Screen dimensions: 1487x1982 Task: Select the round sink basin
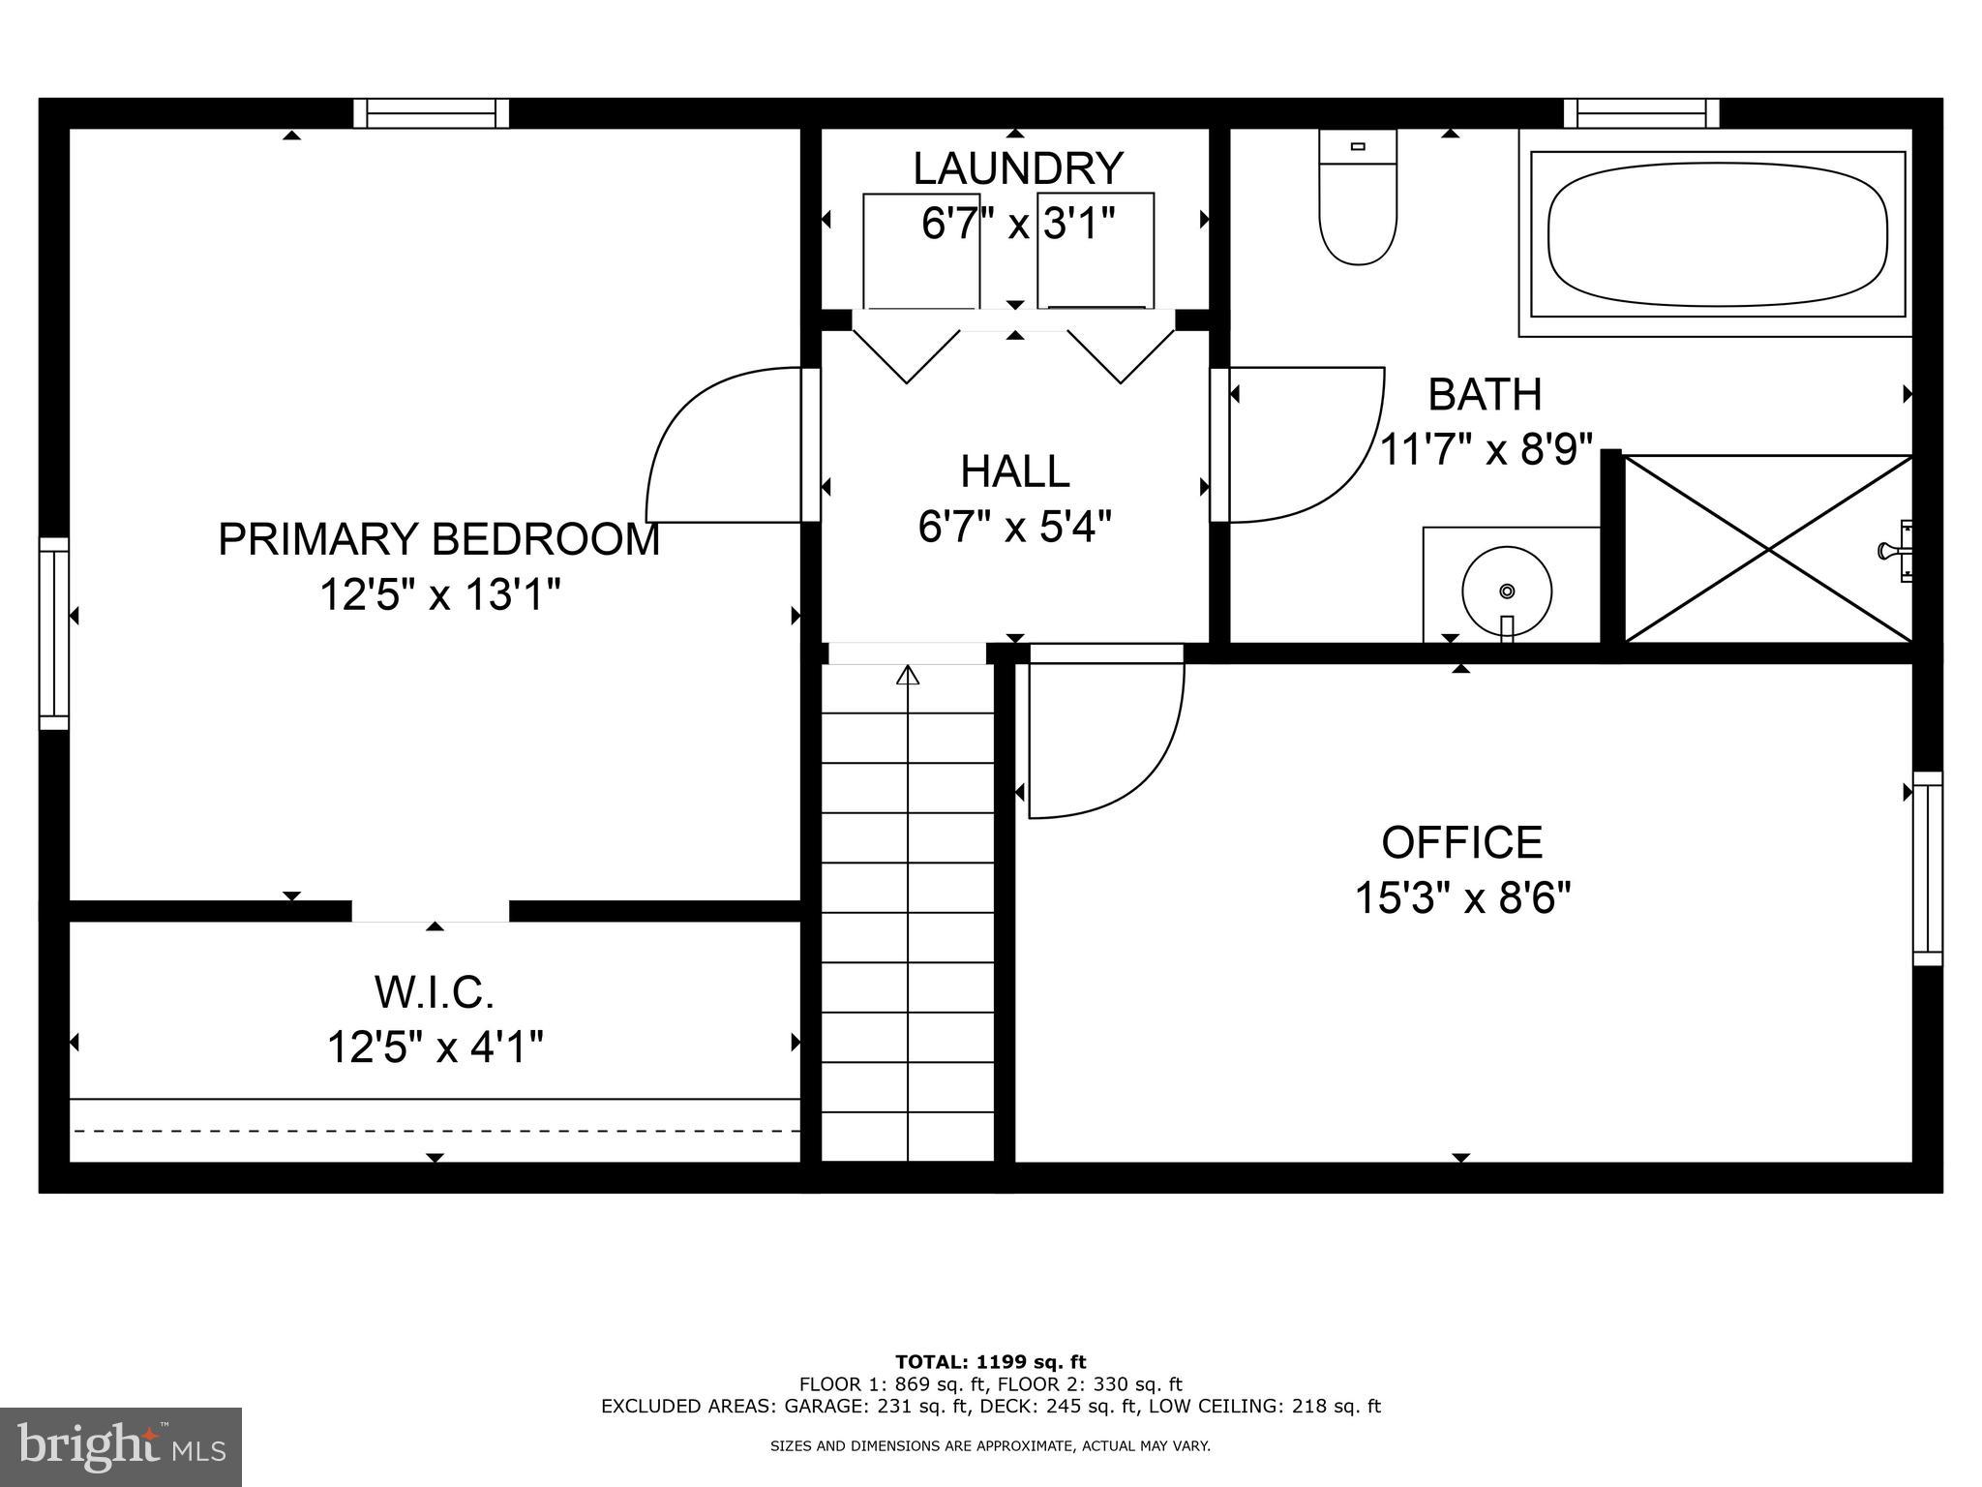(x=1506, y=591)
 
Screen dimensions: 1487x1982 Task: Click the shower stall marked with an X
(x=1767, y=549)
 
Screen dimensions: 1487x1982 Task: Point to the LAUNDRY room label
(x=1017, y=168)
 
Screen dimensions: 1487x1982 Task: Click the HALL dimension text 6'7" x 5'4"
(x=1014, y=528)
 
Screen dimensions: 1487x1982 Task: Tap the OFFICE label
(x=1461, y=842)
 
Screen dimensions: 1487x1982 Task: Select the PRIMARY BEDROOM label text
(x=438, y=539)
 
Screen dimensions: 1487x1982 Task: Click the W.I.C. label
(x=435, y=992)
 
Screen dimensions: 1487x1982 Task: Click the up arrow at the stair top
(x=907, y=676)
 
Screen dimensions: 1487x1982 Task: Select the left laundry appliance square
(x=920, y=250)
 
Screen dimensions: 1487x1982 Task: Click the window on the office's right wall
(x=1927, y=868)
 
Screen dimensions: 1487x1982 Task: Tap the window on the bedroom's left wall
(x=54, y=633)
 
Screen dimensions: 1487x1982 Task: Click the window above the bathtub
(x=1641, y=113)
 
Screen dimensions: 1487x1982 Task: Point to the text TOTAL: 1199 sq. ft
(x=990, y=1362)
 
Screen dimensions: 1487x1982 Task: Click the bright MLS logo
(x=121, y=1446)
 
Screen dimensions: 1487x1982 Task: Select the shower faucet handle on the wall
(x=1894, y=551)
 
